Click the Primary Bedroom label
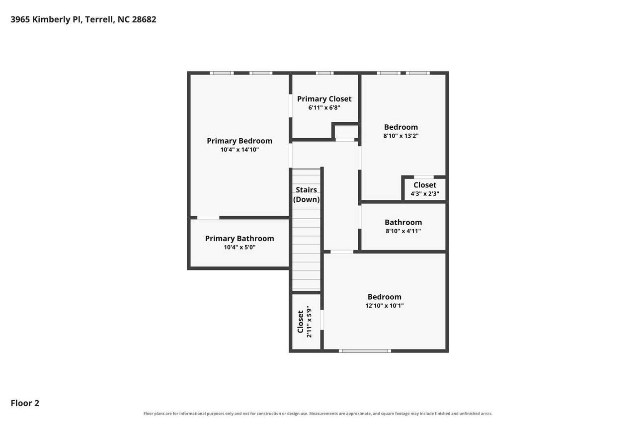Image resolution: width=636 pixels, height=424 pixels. (x=239, y=141)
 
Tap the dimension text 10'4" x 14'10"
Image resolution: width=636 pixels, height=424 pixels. (x=239, y=150)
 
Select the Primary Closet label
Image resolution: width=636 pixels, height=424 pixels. (x=324, y=99)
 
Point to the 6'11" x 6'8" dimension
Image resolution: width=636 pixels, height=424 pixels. (x=324, y=108)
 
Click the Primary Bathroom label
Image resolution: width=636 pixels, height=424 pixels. (x=239, y=239)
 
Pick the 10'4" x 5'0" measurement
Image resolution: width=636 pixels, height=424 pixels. (x=239, y=248)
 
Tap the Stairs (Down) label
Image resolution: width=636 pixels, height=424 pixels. (x=307, y=194)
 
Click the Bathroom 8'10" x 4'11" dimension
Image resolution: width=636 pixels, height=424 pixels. (x=403, y=231)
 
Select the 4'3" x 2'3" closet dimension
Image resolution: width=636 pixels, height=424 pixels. (x=425, y=194)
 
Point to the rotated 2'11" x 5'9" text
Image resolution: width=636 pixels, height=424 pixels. (x=309, y=322)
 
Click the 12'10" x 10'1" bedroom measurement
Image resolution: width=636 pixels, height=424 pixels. (x=385, y=306)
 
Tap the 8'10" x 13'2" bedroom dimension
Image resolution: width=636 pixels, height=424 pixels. (x=401, y=136)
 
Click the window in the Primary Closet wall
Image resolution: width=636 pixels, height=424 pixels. (x=324, y=73)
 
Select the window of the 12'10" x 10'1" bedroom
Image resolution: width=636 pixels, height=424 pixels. (x=365, y=351)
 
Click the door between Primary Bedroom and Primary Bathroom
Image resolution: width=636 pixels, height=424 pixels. (x=208, y=218)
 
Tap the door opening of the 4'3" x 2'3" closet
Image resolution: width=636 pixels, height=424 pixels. (x=424, y=177)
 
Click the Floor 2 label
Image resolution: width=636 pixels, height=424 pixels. (x=25, y=403)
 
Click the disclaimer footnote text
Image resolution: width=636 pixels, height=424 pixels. (x=318, y=414)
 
